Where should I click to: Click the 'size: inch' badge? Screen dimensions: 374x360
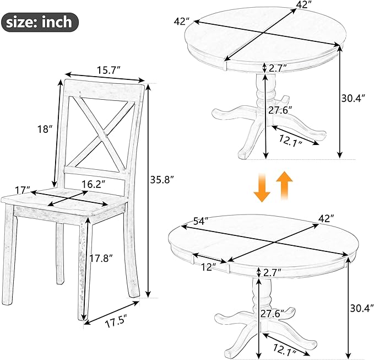(40, 22)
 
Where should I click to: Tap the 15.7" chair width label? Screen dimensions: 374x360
(109, 70)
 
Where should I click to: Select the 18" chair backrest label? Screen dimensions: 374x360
(45, 129)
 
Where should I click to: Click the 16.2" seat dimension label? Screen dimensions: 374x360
(93, 184)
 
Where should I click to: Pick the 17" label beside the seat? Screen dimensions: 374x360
(23, 190)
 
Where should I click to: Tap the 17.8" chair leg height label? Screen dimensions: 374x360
(101, 258)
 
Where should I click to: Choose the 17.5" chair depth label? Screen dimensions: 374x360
(116, 323)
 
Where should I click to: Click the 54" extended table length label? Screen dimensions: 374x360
(201, 221)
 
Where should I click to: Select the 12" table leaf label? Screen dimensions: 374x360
(208, 267)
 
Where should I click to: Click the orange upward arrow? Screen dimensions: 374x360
(284, 185)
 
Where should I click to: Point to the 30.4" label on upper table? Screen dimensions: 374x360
(353, 98)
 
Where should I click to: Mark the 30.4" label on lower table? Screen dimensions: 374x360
(362, 308)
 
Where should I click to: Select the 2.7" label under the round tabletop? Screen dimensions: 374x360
(278, 68)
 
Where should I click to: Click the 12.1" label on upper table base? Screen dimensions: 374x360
(291, 141)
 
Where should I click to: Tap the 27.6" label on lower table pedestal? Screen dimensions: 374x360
(272, 314)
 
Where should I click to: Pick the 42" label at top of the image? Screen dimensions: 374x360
(305, 4)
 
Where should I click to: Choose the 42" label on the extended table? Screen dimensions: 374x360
(326, 218)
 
